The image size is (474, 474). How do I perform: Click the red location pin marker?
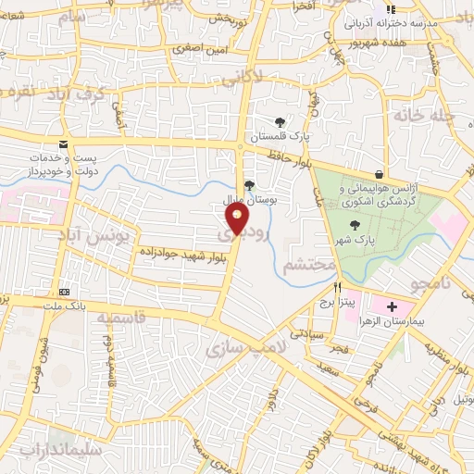pyautogui.click(x=237, y=218)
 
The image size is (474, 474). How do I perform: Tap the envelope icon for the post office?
pyautogui.click(x=63, y=144)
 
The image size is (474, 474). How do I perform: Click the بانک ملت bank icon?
pyautogui.click(x=63, y=290)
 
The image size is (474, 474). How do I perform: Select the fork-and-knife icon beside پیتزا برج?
pyautogui.click(x=337, y=287)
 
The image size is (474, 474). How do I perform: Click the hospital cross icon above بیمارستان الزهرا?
pyautogui.click(x=392, y=306)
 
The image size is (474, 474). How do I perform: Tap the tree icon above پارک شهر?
pyautogui.click(x=355, y=225)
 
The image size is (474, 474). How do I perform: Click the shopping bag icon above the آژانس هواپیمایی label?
pyautogui.click(x=379, y=173)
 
